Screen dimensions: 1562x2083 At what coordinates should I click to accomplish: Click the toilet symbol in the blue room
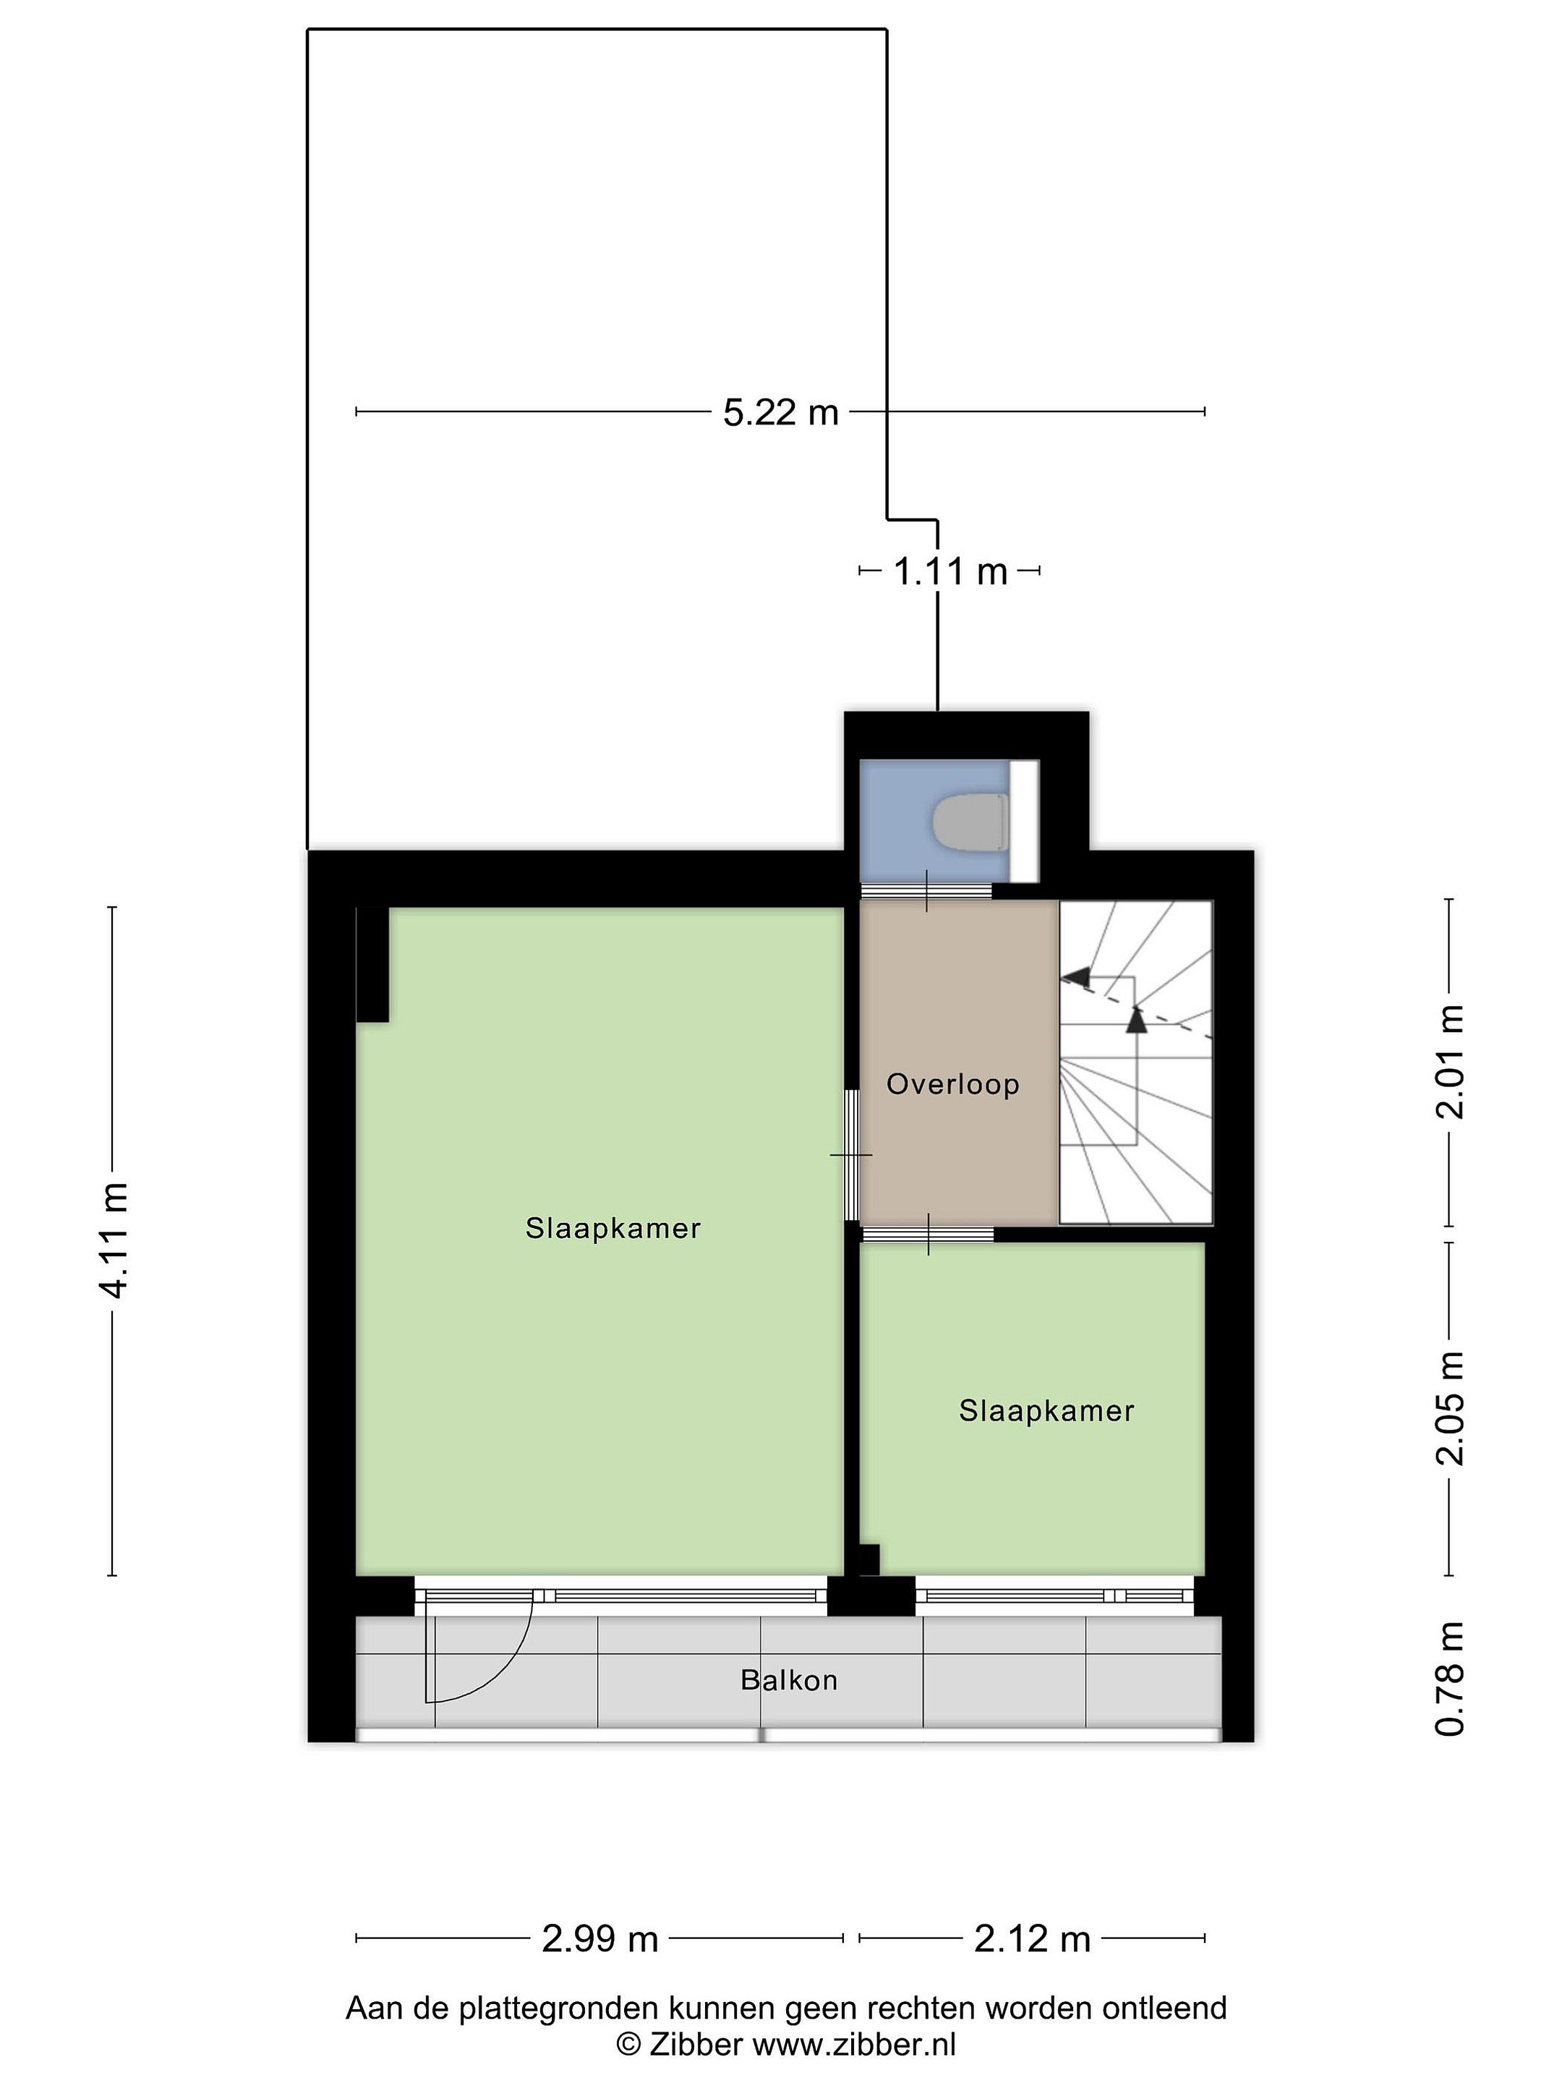tap(970, 822)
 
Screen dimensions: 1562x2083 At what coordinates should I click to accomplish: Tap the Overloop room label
tap(953, 1084)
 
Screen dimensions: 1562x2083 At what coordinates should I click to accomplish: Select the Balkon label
tap(789, 1680)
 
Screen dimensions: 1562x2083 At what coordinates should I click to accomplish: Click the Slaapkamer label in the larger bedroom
tap(613, 1228)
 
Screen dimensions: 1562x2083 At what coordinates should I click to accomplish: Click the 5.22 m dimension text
tap(780, 412)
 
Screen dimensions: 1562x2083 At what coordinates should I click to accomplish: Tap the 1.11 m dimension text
tap(950, 571)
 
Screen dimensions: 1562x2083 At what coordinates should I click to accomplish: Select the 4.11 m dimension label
tap(114, 1240)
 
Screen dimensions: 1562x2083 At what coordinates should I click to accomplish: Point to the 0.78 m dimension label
tap(1450, 1678)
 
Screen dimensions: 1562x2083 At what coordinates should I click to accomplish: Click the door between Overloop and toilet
tap(926, 891)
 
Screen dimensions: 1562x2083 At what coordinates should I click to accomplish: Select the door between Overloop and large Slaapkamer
tap(851, 1154)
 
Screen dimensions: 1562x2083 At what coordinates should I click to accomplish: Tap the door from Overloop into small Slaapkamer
tap(929, 1235)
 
